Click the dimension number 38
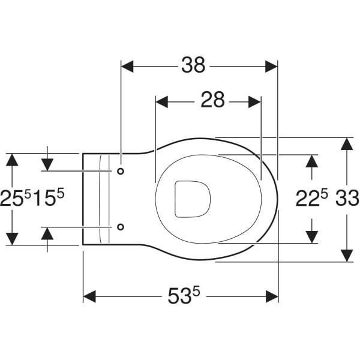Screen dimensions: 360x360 pos(193,65)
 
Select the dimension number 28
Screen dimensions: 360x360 pos(212,100)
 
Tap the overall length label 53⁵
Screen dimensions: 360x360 pos(184,295)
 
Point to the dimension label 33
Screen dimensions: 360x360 pos(347,198)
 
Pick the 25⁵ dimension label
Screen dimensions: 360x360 pos(15,197)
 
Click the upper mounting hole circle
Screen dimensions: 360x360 pos(121,171)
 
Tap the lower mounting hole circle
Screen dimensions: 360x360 pos(121,227)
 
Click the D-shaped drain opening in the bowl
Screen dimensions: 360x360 pos(193,199)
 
